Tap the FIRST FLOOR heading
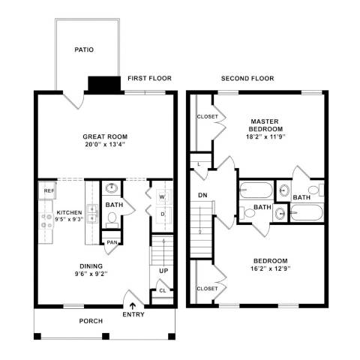click(149, 78)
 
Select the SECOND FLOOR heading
click(247, 78)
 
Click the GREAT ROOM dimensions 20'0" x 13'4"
click(103, 145)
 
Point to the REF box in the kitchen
click(49, 191)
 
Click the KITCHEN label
click(70, 213)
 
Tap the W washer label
click(161, 198)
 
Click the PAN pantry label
click(112, 242)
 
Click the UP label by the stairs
click(163, 270)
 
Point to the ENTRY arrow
click(134, 305)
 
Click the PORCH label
click(91, 321)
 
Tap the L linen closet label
click(199, 163)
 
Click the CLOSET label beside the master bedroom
click(207, 116)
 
